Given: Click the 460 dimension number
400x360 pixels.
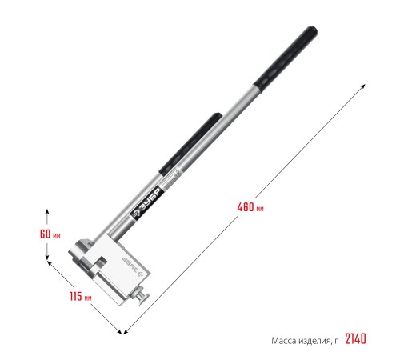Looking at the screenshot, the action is pos(246,207).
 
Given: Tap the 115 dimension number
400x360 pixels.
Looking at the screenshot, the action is pos(76,296).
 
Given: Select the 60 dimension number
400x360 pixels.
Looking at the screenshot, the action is pos(45,234).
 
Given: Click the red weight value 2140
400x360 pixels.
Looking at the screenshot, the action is pos(355,339).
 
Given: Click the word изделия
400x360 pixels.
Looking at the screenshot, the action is pos(315,341).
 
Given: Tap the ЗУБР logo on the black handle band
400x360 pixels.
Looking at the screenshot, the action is pos(146,203).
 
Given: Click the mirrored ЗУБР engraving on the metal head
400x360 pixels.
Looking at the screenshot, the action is pos(133,267).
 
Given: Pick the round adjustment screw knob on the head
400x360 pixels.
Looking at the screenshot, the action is pos(143,298).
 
